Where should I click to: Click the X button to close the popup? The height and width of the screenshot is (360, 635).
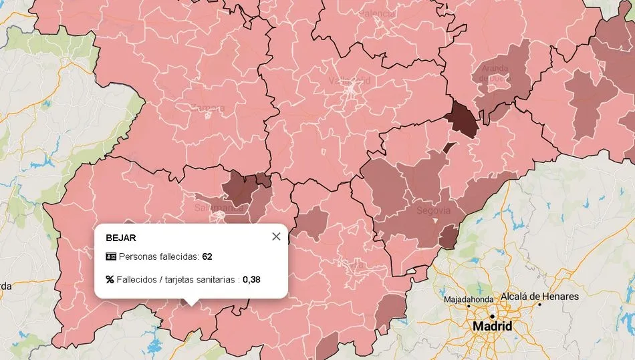pos(276,236)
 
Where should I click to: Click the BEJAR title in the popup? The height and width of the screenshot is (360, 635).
pos(121,237)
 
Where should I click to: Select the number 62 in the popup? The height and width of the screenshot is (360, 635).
pos(207,256)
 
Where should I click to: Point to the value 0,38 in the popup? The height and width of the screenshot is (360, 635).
pos(251,279)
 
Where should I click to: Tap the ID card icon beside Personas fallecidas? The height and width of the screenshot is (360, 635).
pos(111,256)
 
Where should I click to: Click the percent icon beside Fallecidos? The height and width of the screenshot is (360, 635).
pos(110,279)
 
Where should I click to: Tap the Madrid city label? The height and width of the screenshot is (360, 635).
pos(492,327)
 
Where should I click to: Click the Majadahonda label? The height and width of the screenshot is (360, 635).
pos(469,299)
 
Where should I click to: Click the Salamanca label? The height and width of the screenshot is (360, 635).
pos(218,208)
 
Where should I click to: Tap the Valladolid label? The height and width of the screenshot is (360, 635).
pos(349,81)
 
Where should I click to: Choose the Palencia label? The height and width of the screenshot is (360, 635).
pos(378,13)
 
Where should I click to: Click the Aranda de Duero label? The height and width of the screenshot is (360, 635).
pos(494,73)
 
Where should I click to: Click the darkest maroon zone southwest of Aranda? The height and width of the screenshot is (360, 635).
pos(463,119)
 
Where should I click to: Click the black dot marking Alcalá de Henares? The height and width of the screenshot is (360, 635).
pos(539,305)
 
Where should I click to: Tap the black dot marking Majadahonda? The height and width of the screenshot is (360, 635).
pos(468,307)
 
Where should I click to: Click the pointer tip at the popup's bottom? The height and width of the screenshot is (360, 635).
pos(190,304)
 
